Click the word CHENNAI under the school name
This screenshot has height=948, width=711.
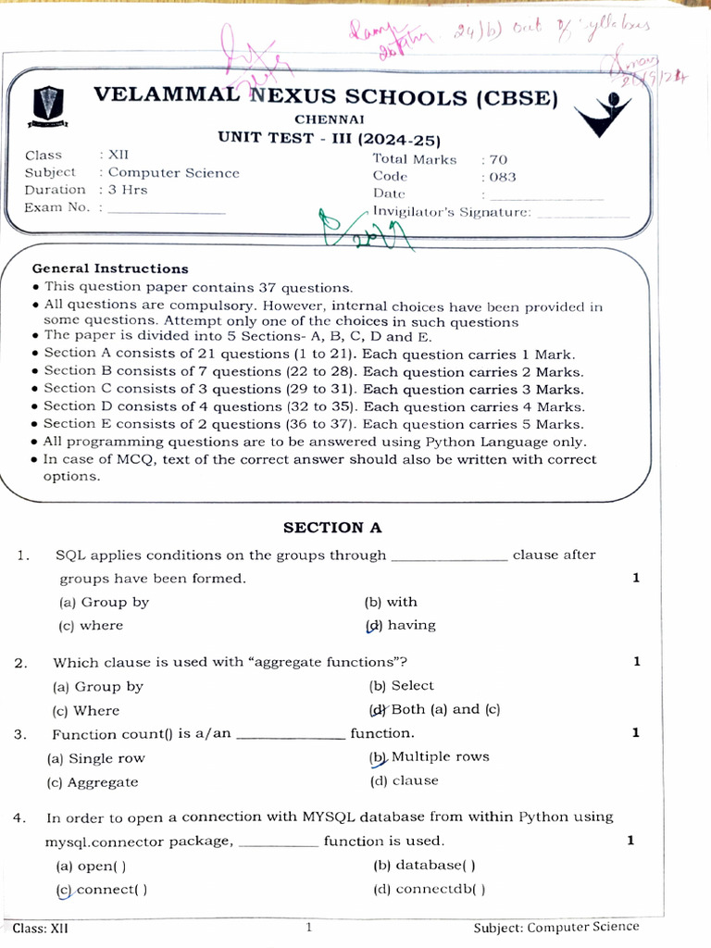[x=330, y=119]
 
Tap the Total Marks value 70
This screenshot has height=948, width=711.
[x=498, y=159]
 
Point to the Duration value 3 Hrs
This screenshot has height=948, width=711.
[x=128, y=190]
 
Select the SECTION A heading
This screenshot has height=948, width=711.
[x=332, y=528]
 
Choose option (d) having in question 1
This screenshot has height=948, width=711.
[x=401, y=625]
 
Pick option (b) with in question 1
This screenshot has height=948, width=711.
[x=391, y=602]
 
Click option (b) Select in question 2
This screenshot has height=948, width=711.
[x=401, y=686]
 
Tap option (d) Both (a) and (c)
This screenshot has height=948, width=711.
[x=435, y=710]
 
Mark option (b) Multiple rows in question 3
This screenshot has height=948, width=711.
[x=430, y=757]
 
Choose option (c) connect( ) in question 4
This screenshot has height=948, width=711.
[x=101, y=890]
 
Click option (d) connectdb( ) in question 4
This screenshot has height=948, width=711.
[x=429, y=890]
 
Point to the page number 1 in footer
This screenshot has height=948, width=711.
[x=309, y=927]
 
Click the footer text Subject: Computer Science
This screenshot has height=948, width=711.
[x=555, y=927]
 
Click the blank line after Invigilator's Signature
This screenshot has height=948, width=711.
[x=582, y=214]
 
